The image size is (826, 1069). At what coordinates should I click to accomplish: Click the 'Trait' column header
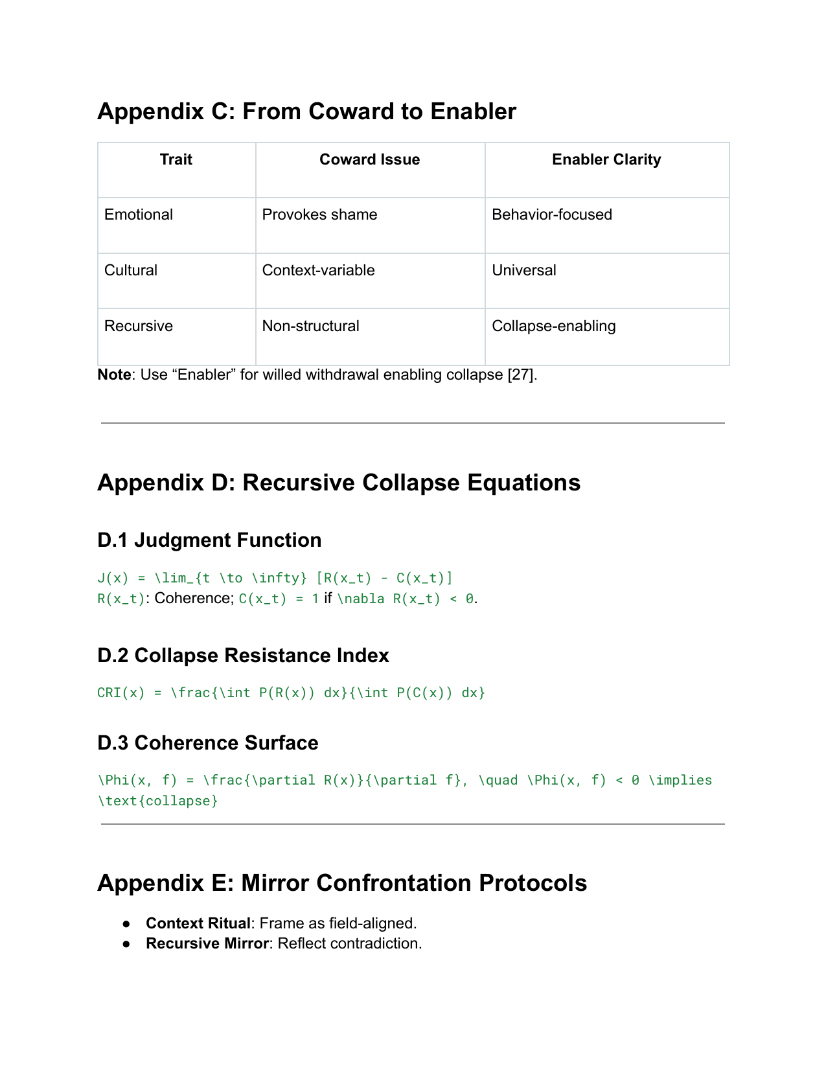(176, 159)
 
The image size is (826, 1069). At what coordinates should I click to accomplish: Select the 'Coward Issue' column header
(369, 159)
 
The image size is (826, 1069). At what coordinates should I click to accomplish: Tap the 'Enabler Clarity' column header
(606, 159)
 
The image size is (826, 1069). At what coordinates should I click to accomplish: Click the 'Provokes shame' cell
(319, 214)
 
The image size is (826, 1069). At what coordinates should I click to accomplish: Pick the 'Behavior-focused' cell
(551, 214)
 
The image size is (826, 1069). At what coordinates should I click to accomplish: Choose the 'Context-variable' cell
(318, 270)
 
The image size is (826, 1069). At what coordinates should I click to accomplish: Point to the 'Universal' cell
(523, 270)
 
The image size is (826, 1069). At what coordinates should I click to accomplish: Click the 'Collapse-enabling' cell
(553, 326)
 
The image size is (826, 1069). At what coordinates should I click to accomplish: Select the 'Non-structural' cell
(310, 326)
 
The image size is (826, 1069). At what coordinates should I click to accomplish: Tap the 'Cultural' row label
(131, 270)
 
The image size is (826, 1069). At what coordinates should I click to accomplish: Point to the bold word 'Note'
(114, 374)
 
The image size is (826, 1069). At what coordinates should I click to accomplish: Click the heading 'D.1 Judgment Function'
(209, 540)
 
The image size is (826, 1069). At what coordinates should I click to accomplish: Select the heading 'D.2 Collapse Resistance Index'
(243, 656)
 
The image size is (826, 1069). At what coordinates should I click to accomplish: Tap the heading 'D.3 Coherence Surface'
(207, 743)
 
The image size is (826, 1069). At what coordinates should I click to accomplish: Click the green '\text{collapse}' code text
(158, 801)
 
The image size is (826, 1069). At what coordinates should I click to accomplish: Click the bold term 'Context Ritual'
(198, 923)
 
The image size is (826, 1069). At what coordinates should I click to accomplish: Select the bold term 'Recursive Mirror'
(207, 943)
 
